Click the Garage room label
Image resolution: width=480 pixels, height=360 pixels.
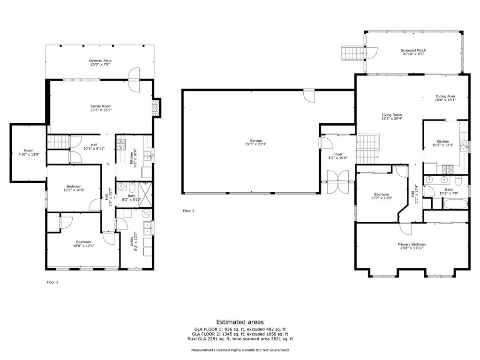[255, 141]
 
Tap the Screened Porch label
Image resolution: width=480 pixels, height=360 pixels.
[413, 50]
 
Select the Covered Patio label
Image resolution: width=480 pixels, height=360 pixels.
[101, 60]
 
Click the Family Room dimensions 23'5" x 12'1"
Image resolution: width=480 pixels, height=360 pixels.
[101, 110]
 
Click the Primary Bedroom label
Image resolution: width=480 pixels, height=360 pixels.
[412, 244]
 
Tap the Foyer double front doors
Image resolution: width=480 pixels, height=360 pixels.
[337, 182]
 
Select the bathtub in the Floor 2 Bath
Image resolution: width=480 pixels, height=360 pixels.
[455, 204]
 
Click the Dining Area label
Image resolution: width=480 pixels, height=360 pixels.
[445, 96]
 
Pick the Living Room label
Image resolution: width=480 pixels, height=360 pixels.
[391, 115]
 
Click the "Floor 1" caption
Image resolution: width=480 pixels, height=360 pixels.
[52, 282]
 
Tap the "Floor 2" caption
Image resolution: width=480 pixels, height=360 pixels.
[188, 211]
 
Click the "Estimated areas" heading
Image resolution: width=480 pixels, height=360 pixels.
[240, 322]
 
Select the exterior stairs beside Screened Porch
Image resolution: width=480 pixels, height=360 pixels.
[352, 53]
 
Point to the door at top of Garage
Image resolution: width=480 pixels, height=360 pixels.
[309, 95]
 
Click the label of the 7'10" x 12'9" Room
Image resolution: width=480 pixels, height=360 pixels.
[29, 150]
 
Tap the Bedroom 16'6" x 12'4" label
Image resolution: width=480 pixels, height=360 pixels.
[83, 242]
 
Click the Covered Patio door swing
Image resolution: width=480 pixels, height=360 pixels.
[134, 79]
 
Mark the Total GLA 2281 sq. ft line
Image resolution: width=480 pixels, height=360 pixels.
[240, 339]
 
